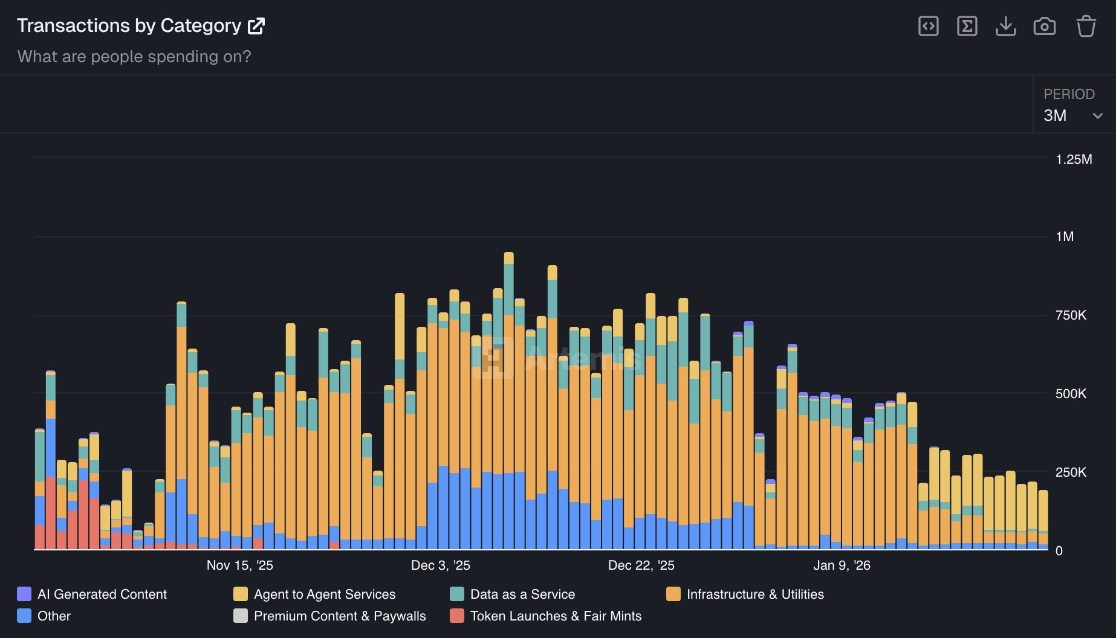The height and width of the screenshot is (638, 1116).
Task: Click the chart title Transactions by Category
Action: tap(129, 26)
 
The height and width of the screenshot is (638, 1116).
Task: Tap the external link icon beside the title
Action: tap(256, 26)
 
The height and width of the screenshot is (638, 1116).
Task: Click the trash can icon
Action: tap(1086, 27)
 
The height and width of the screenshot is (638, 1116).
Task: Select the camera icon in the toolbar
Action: tap(1044, 27)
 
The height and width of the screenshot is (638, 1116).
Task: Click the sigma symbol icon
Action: tap(967, 27)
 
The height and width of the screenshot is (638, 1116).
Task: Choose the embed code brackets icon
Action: tap(928, 27)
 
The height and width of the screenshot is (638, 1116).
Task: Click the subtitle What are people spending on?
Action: tap(134, 57)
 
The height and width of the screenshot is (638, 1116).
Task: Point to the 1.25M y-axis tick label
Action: tap(1073, 159)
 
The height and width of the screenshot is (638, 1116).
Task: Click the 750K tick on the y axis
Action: tap(1070, 315)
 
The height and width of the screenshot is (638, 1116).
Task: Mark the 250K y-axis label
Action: tap(1070, 472)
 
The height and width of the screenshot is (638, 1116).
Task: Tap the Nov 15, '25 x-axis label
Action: tap(239, 565)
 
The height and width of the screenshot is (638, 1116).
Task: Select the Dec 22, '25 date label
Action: tap(641, 565)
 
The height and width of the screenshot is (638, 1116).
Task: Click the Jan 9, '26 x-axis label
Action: tap(842, 565)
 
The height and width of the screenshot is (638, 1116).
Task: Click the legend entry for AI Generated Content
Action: tap(102, 594)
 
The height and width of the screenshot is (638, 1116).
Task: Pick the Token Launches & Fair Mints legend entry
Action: tap(555, 616)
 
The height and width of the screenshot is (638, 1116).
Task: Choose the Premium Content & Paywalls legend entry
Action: tap(339, 616)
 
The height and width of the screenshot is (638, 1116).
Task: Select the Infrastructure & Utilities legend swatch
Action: tap(673, 594)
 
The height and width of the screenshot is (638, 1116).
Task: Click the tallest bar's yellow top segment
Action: tap(508, 259)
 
